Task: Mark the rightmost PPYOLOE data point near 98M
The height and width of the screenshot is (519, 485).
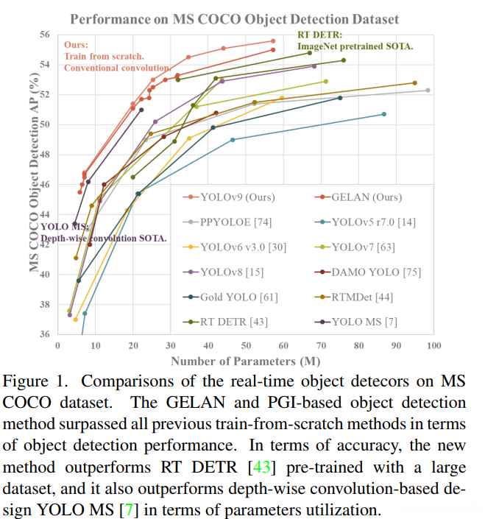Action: click(428, 90)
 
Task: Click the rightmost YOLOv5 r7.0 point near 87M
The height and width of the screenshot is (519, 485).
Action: click(384, 114)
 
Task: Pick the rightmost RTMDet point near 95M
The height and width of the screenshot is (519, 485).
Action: click(414, 83)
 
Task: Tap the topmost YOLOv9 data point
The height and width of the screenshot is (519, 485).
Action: click(273, 41)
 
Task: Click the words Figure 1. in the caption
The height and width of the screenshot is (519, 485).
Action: click(33, 382)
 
